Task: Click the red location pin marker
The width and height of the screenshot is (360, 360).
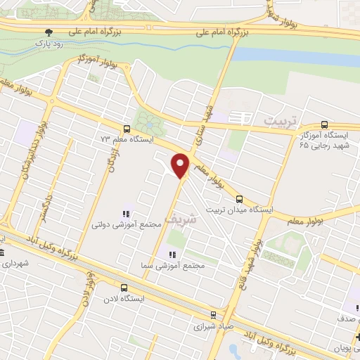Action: click(181, 165)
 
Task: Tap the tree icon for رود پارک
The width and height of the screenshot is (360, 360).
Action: click(49, 32)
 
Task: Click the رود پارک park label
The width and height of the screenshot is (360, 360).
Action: click(49, 42)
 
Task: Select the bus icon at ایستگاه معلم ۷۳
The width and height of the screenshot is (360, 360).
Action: click(126, 129)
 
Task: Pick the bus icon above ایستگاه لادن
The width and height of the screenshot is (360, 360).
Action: click(124, 288)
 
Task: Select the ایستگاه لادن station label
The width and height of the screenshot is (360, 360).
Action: click(124, 298)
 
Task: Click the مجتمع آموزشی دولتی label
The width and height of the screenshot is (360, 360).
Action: click(126, 225)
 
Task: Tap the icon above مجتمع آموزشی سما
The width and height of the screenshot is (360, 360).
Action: click(169, 255)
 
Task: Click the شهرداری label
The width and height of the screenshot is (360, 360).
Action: click(16, 264)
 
